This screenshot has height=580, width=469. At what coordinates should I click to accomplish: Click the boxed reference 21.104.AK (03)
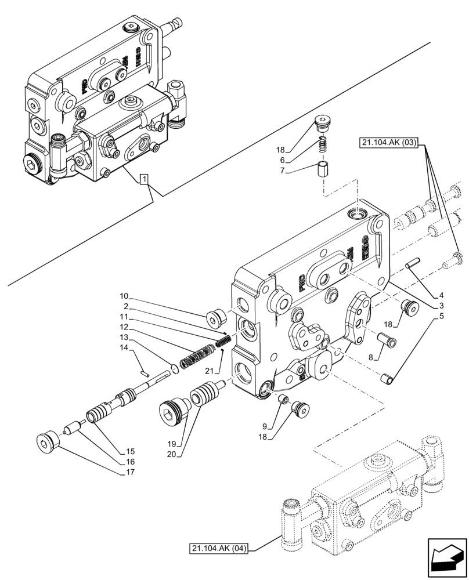pos(388,142)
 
